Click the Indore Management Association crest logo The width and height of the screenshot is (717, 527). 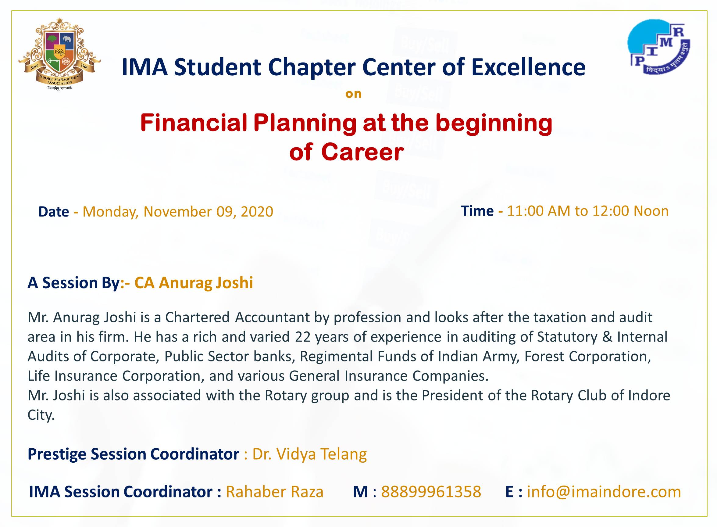point(60,54)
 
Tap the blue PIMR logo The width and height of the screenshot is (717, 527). point(659,47)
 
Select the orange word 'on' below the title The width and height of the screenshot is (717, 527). point(354,94)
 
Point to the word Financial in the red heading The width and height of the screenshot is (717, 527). point(194,123)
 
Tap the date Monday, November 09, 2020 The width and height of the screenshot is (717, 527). point(178,212)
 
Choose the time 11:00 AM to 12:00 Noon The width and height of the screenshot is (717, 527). point(587,211)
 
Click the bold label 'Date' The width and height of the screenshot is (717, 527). point(54,212)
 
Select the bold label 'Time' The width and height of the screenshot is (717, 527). point(477,211)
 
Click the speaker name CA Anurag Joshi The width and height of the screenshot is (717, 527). point(194,283)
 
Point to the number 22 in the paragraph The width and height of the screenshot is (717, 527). point(302,337)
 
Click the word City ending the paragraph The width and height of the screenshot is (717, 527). point(41,415)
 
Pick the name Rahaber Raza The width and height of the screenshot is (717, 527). point(274,492)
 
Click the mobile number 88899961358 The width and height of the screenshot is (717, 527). point(431,492)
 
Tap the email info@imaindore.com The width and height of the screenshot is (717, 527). point(604,492)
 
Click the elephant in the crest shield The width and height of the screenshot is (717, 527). point(67,39)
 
